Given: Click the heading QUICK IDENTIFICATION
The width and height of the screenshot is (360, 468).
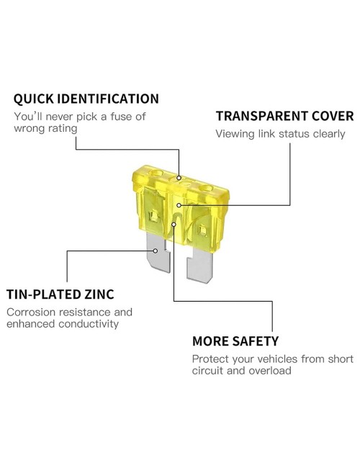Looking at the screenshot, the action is (x=86, y=99).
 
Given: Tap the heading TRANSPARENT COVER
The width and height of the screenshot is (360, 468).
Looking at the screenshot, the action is (x=285, y=116).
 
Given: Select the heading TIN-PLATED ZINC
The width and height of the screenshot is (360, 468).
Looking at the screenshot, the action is (x=60, y=294).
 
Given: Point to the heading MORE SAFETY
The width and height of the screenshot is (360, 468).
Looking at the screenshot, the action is (x=235, y=341).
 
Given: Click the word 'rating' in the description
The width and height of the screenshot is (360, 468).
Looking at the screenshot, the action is (x=63, y=129).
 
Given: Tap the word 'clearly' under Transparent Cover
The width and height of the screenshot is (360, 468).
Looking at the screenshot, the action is (x=329, y=134).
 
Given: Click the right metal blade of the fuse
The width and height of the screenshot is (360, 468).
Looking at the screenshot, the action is (x=199, y=265).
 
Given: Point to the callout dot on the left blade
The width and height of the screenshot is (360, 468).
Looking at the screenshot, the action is (x=156, y=251).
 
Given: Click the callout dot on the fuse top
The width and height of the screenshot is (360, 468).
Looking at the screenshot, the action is (x=179, y=178).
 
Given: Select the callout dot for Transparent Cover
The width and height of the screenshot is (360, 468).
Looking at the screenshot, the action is (x=179, y=205).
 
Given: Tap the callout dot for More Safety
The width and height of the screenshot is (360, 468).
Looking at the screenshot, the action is (x=174, y=224).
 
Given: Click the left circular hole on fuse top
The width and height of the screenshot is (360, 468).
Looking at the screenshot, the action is (x=157, y=173).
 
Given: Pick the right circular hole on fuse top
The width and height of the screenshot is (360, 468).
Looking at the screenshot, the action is (x=206, y=189).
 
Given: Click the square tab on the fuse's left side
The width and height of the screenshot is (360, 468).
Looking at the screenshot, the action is (x=154, y=215).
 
